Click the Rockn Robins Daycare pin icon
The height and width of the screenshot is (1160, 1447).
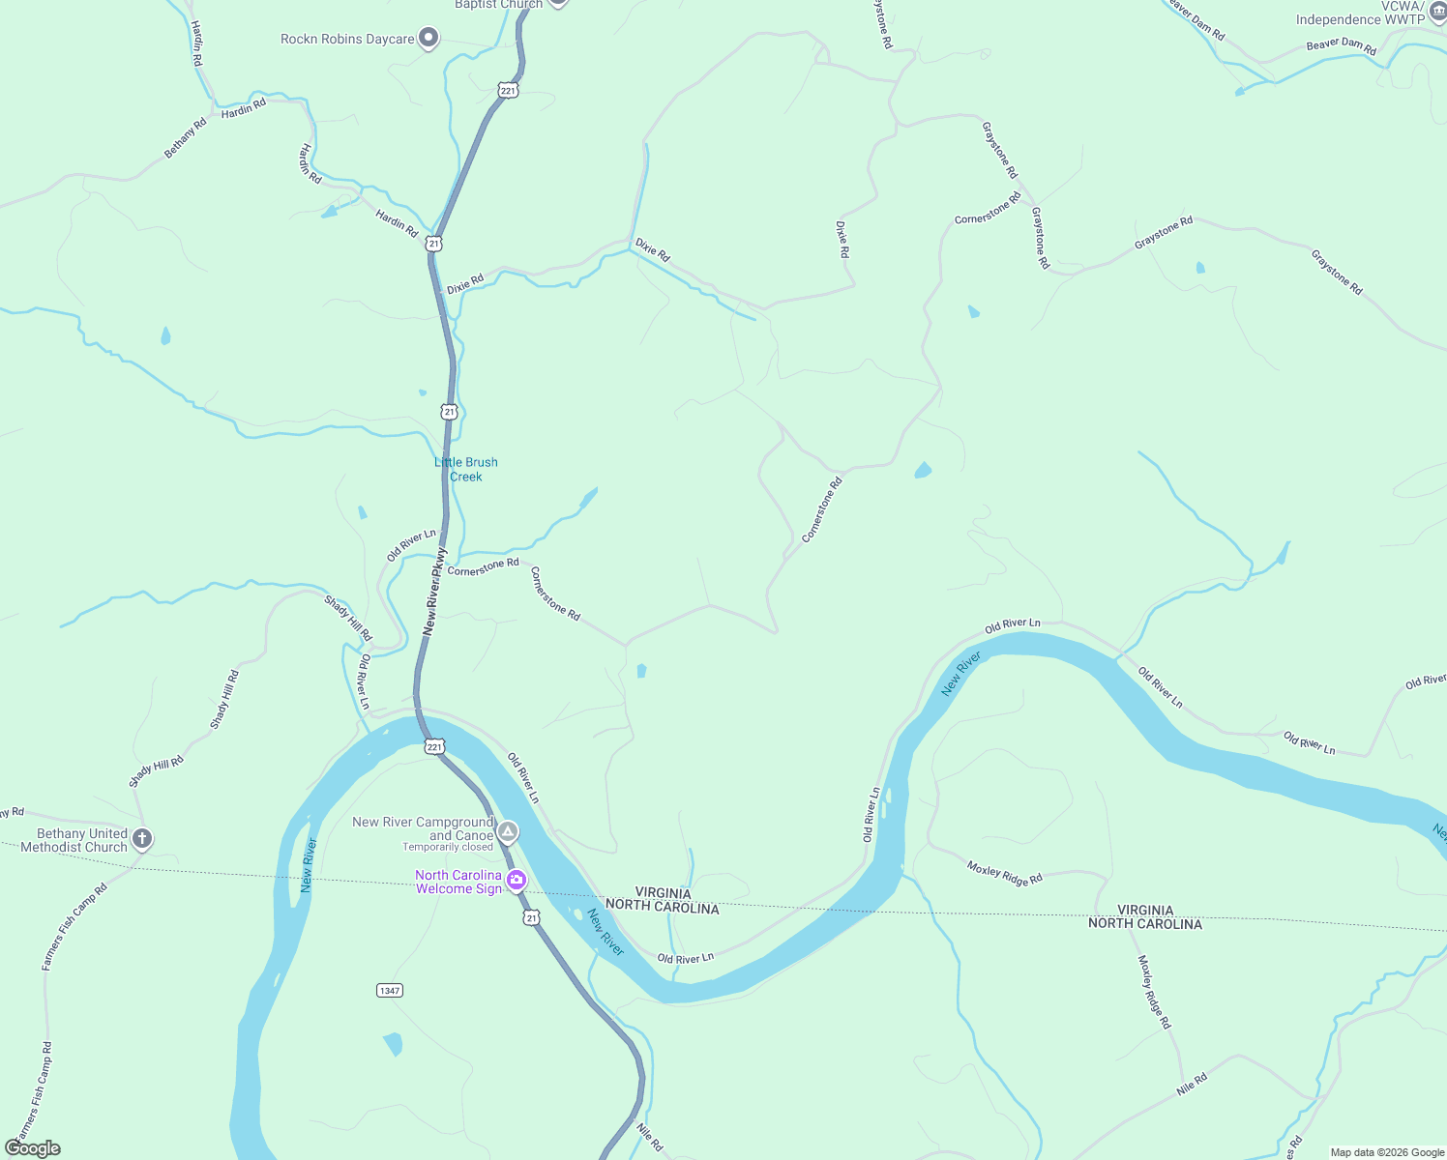click(428, 39)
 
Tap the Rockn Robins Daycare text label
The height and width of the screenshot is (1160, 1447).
click(347, 40)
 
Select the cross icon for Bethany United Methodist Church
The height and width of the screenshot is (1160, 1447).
click(142, 839)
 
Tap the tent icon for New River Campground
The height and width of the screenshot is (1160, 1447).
click(508, 831)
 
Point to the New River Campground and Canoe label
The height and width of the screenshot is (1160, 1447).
click(424, 828)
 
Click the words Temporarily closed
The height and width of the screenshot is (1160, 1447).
click(448, 848)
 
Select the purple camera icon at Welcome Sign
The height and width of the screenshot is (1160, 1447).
click(517, 880)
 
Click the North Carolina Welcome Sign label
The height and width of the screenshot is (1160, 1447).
click(458, 882)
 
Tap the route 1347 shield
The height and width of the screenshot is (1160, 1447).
click(390, 990)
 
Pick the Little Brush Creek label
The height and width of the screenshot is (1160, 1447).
click(466, 469)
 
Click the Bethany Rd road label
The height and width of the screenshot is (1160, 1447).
click(185, 138)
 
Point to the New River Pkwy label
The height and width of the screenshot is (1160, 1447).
click(434, 592)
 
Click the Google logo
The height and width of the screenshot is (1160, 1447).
click(33, 1148)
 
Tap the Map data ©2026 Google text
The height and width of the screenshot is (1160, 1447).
click(1387, 1152)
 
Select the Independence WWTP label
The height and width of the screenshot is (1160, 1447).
click(1360, 19)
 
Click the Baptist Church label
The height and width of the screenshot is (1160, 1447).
click(498, 4)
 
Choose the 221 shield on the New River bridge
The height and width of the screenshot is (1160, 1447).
click(434, 747)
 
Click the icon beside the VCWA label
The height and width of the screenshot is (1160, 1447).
click(1437, 10)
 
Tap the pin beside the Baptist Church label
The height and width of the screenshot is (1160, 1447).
click(557, 3)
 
